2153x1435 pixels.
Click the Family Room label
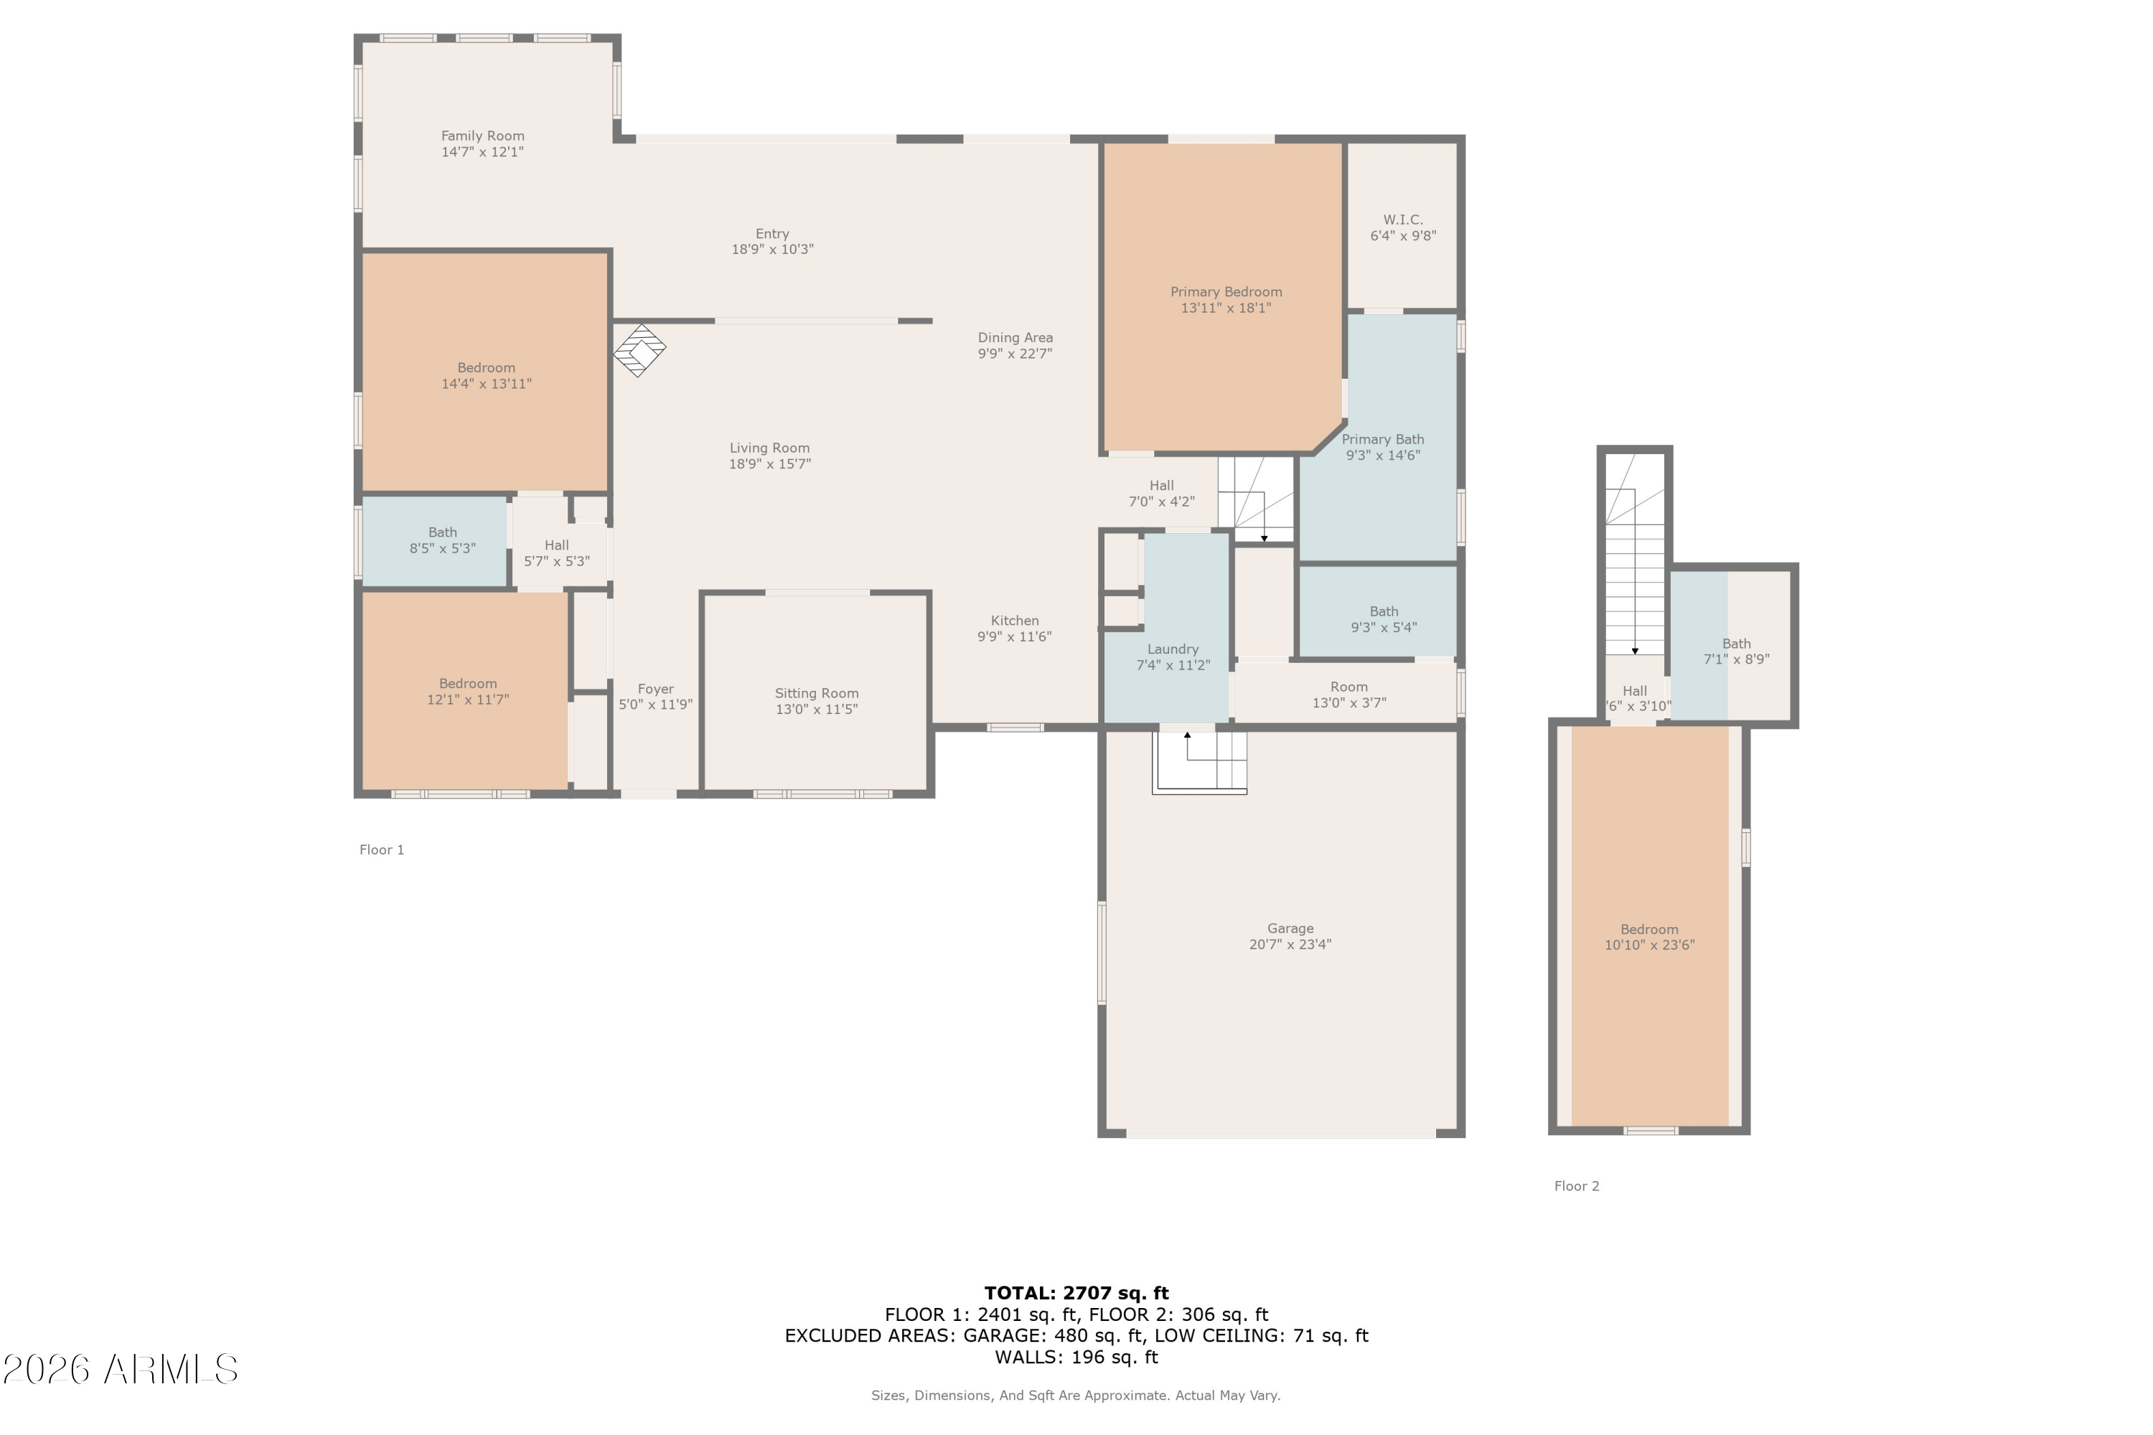[x=482, y=136]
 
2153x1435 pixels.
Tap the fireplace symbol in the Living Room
[x=639, y=351]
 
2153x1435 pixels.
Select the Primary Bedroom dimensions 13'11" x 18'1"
[x=1225, y=309]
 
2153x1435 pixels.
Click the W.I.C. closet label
[x=1402, y=220]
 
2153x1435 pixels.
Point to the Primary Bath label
[x=1382, y=439]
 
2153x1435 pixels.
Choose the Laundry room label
[x=1173, y=649]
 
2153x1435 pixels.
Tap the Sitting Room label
[x=815, y=693]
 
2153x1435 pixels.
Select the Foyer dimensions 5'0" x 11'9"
[x=655, y=705]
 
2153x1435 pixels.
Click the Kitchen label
[x=1014, y=621]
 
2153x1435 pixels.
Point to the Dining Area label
[x=1014, y=338]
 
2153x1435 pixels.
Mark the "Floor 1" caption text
[x=382, y=850]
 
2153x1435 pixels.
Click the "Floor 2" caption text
[x=1576, y=1185]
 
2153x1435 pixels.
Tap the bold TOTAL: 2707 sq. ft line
[x=1076, y=1293]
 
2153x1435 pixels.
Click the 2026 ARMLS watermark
[x=120, y=1369]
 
